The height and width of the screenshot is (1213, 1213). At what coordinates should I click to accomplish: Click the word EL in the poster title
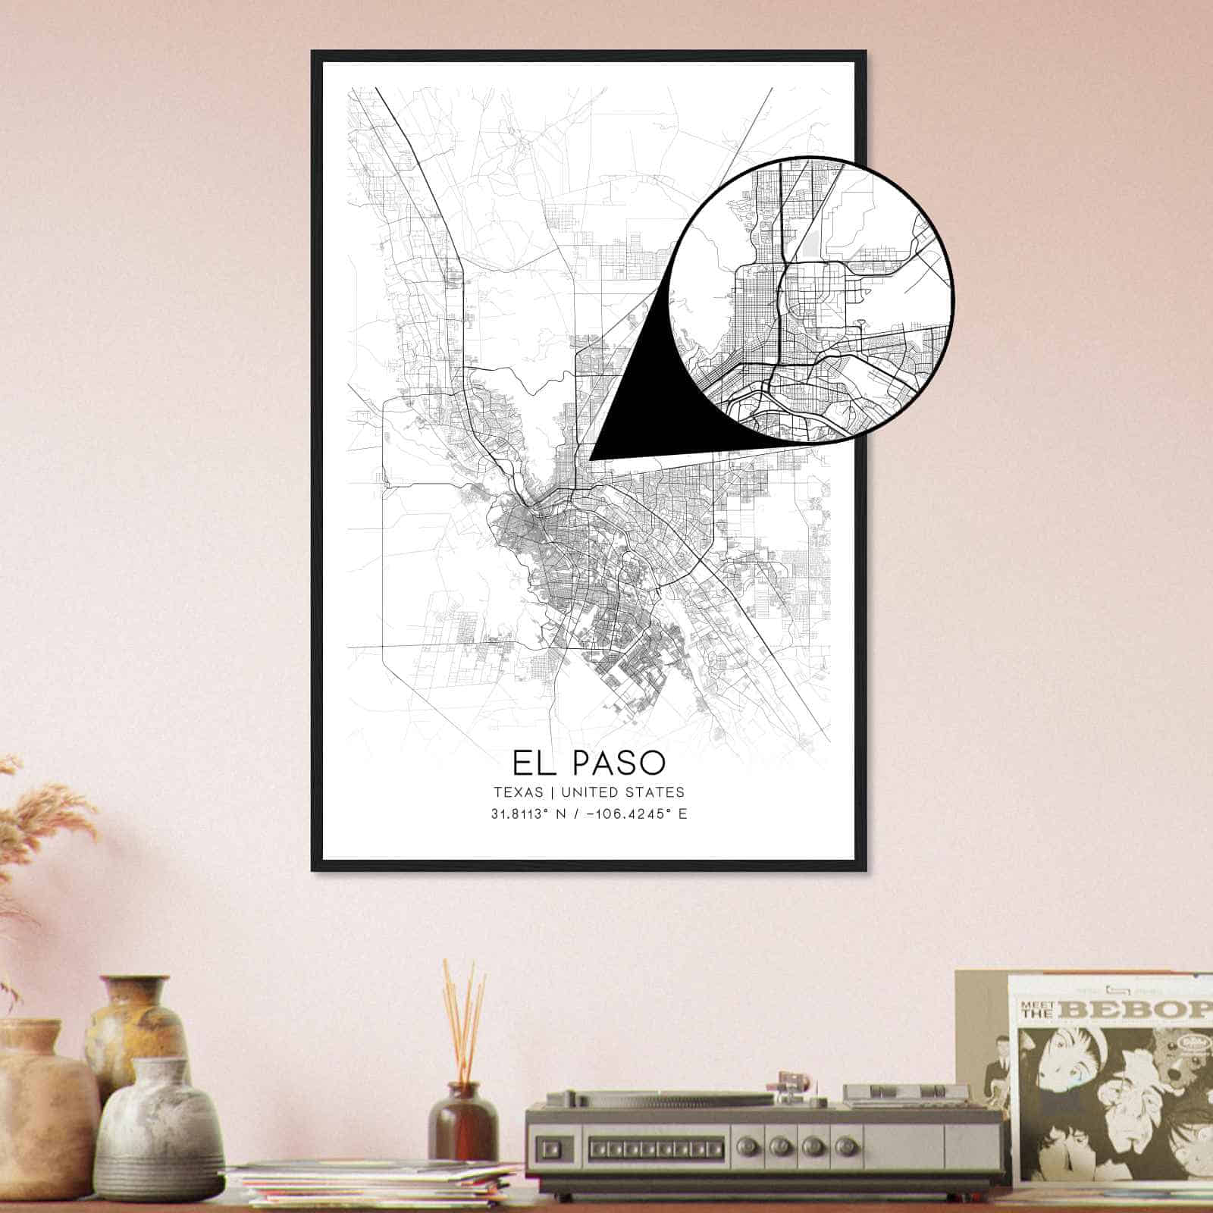pos(533,763)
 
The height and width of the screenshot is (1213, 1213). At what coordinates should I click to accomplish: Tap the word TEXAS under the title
pos(518,792)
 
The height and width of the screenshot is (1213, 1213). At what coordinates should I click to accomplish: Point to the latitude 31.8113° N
pos(530,815)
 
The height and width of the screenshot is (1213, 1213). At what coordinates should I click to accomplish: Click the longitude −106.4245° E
pos(629,815)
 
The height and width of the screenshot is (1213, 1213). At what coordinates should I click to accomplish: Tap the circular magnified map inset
pos(811,299)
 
